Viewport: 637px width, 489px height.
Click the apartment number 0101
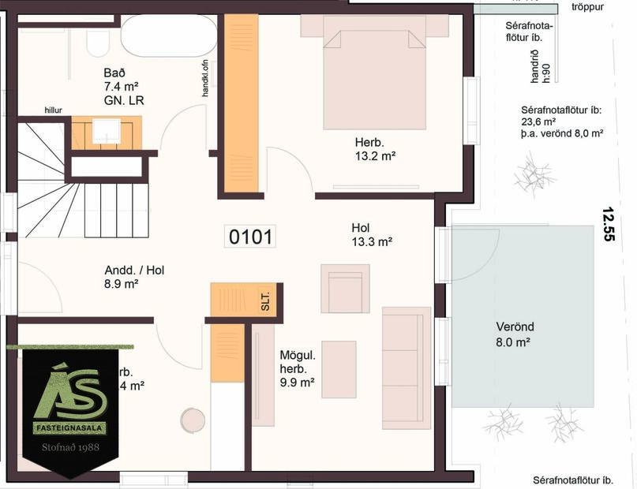(x=251, y=236)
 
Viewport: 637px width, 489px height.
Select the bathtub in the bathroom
(x=169, y=35)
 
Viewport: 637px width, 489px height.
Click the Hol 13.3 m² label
(x=372, y=235)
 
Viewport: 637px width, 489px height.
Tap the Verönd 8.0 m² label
(x=513, y=334)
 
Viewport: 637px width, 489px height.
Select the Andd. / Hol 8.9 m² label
(x=134, y=276)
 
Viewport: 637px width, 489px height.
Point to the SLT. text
(x=265, y=300)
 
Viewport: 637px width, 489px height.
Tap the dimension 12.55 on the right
(x=607, y=223)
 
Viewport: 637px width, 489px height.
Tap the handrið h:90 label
(x=540, y=65)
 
